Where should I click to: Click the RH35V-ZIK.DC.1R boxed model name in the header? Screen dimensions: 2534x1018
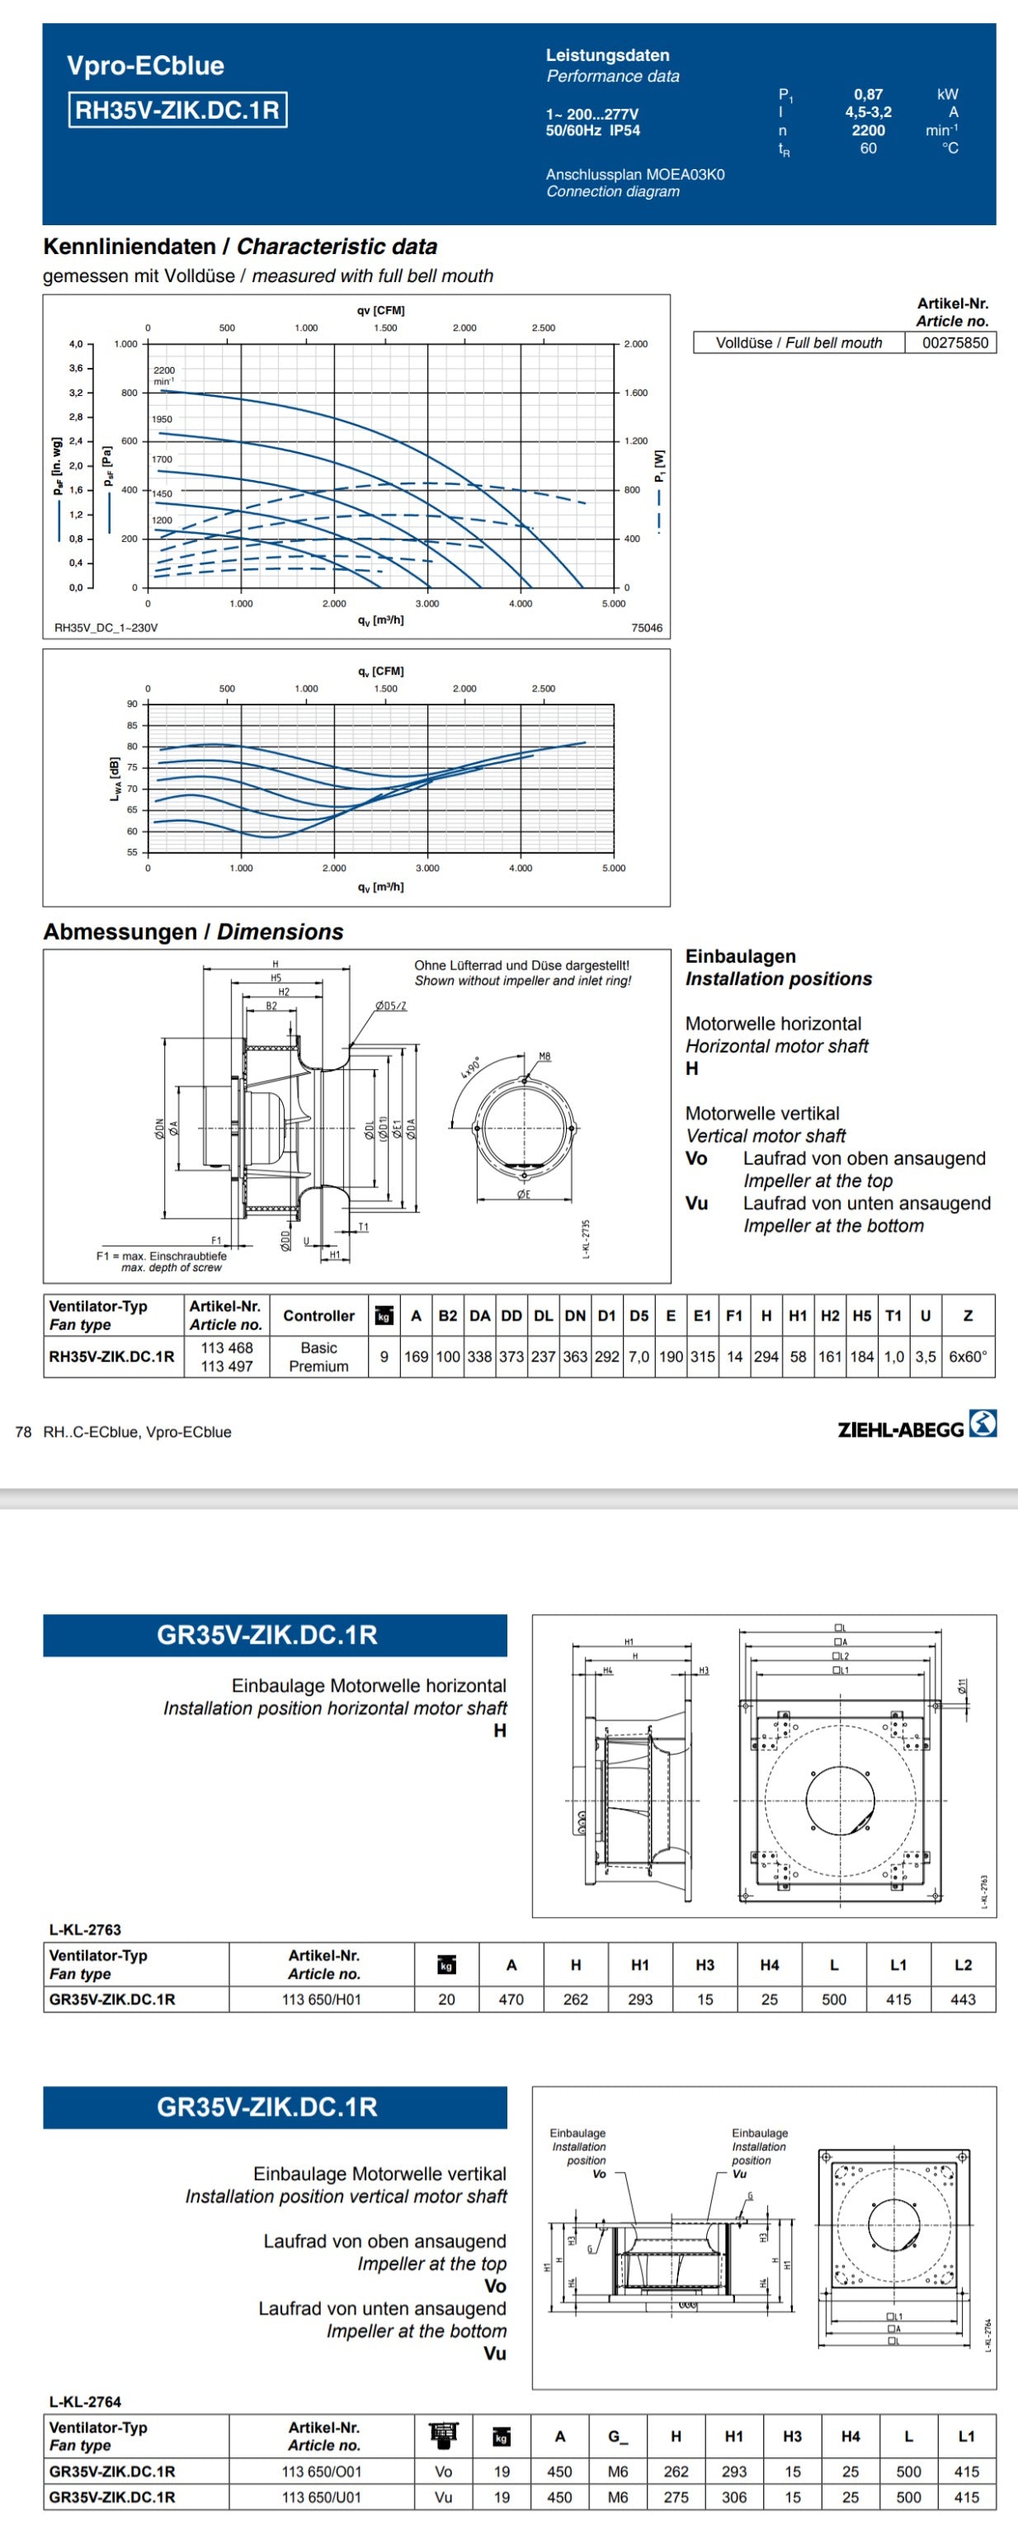[177, 109]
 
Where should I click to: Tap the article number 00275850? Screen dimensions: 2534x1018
[954, 342]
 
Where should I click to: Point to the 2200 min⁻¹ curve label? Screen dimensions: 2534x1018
[163, 374]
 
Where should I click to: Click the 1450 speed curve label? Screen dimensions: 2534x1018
[162, 494]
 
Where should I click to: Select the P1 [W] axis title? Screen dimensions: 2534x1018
[659, 465]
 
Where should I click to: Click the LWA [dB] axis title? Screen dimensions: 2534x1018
[115, 778]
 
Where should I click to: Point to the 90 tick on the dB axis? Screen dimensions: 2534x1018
[132, 704]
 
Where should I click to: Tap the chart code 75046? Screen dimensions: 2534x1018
[646, 628]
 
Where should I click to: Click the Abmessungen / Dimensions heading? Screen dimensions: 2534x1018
[193, 931]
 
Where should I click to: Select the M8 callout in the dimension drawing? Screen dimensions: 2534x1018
[544, 1057]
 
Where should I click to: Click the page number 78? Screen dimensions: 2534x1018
[22, 1432]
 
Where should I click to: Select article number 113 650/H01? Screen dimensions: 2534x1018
[322, 1999]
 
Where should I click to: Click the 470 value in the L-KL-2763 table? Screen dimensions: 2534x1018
[511, 1999]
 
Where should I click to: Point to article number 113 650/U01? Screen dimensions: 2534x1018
[322, 2497]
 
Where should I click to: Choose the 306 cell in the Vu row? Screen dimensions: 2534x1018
[733, 2497]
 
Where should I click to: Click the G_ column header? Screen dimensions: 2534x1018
[618, 2436]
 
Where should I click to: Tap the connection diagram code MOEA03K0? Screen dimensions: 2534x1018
[685, 174]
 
